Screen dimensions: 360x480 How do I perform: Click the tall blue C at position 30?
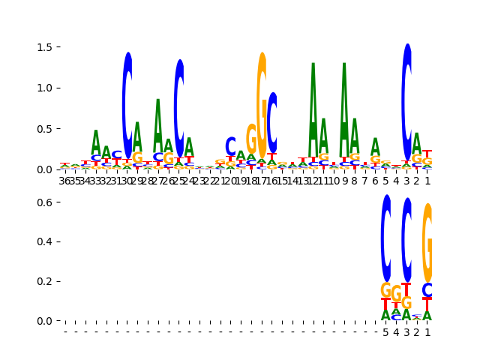127,105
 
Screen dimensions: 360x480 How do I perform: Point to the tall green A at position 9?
344,109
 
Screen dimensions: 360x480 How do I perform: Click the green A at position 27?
158,124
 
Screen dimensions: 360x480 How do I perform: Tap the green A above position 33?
96,142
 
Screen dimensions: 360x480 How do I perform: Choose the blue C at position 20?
231,146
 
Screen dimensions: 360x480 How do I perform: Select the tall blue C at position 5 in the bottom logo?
386,238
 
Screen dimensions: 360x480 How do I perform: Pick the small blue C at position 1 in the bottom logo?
427,290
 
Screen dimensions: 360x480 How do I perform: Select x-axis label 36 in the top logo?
65,181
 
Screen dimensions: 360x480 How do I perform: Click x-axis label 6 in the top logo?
375,181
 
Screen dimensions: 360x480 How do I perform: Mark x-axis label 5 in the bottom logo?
386,332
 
